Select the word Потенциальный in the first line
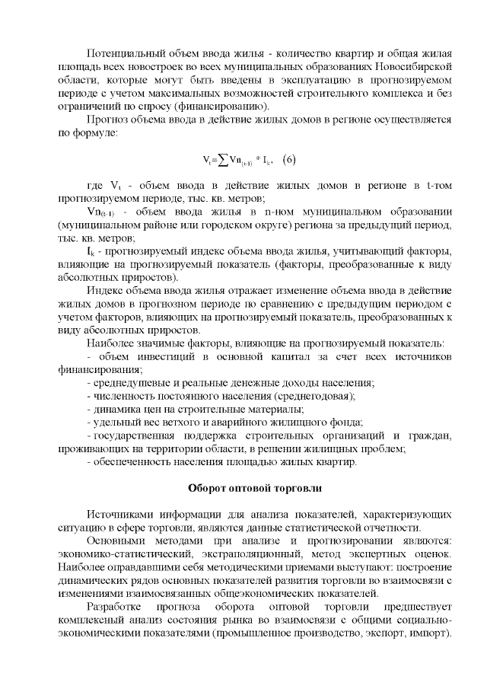(125, 55)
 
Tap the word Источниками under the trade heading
(117, 513)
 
